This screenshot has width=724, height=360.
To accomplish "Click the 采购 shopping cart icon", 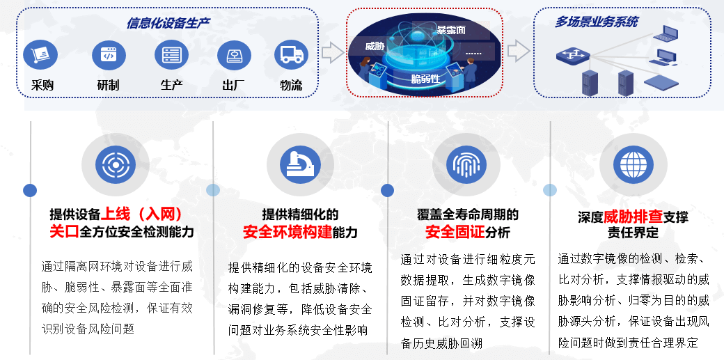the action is click(40, 54).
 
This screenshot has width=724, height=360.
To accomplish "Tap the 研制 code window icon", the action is click(109, 54).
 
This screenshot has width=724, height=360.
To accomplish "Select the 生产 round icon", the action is click(171, 54).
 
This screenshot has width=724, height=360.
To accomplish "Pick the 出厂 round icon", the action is click(234, 54).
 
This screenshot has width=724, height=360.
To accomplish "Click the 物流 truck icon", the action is click(292, 54).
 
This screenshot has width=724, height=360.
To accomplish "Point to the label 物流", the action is click(292, 85).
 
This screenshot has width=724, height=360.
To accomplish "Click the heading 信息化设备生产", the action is click(168, 24).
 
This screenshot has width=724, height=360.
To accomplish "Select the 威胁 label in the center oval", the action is click(375, 46).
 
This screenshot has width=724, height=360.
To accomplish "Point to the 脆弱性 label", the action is click(426, 79).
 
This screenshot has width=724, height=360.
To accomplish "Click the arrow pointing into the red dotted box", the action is click(333, 52).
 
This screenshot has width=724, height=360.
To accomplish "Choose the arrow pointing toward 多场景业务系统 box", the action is click(518, 50).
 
